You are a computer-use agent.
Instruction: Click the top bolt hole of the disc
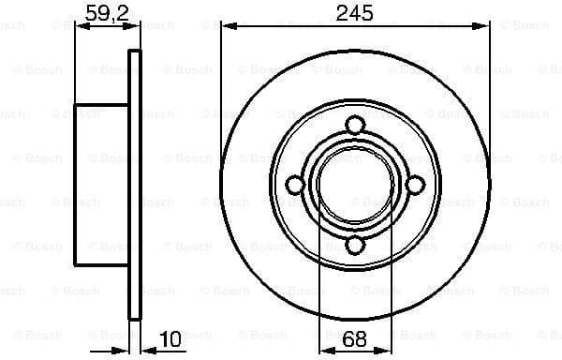pos(355,125)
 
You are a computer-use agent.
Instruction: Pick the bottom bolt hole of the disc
pos(355,246)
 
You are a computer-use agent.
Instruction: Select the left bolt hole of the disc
pos(295,185)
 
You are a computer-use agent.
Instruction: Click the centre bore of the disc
pos(355,185)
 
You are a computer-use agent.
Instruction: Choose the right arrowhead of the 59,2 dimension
pos(135,27)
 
